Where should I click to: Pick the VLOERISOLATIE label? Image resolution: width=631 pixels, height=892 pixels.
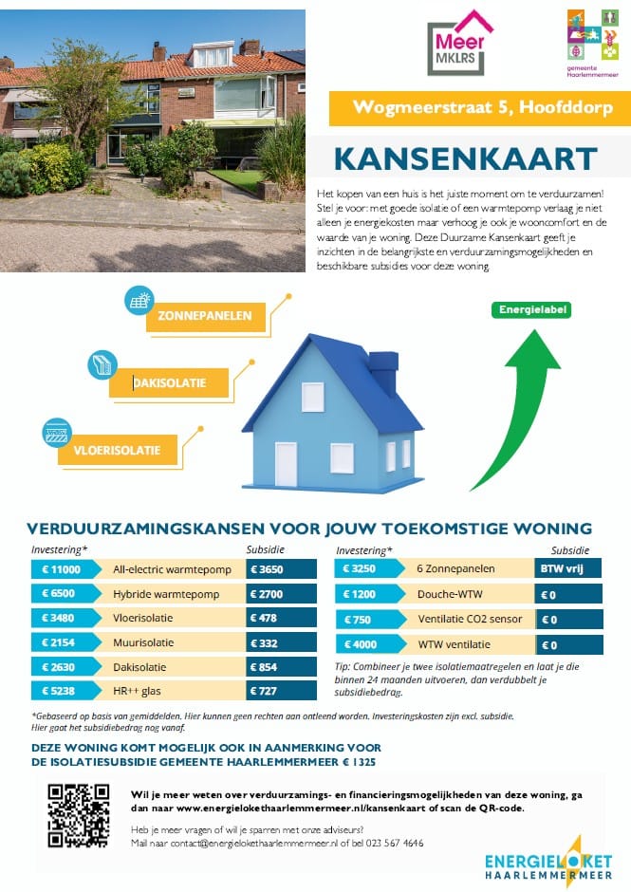point(117,450)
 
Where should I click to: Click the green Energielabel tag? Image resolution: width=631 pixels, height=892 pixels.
point(530,309)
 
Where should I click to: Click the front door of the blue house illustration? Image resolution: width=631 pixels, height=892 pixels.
point(286,463)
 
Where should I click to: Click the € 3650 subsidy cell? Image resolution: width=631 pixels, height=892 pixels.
point(281,569)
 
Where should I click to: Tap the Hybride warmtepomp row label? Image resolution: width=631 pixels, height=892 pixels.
point(166,594)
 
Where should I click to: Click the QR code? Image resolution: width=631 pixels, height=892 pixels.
point(80,814)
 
